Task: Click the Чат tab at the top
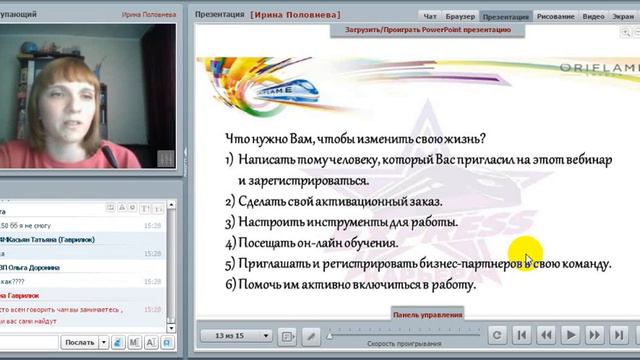(430, 17)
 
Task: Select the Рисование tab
(556, 17)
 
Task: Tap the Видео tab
(594, 17)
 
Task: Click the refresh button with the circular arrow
(494, 335)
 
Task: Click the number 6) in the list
(229, 285)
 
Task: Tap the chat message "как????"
(15, 282)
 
